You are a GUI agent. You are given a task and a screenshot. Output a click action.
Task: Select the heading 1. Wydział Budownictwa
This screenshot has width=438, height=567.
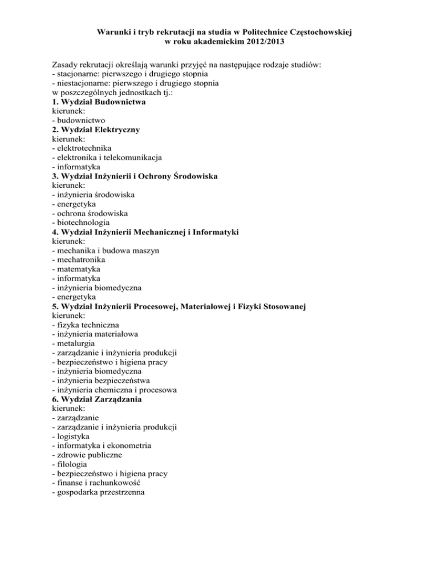99,102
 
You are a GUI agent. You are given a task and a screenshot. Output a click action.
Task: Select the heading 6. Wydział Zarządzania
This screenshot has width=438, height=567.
97,399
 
